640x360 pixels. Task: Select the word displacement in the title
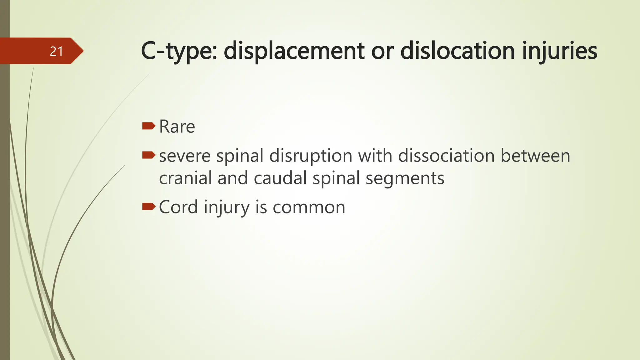pyautogui.click(x=294, y=51)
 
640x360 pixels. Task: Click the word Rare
pyautogui.click(x=177, y=127)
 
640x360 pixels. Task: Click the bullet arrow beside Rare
pyautogui.click(x=149, y=126)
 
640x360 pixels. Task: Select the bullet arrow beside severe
pyautogui.click(x=149, y=155)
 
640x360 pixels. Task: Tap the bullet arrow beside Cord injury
pyautogui.click(x=149, y=206)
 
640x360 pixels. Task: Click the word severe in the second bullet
pyautogui.click(x=185, y=156)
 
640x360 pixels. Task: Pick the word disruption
pyautogui.click(x=311, y=156)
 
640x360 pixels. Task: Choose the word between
pyautogui.click(x=535, y=156)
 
